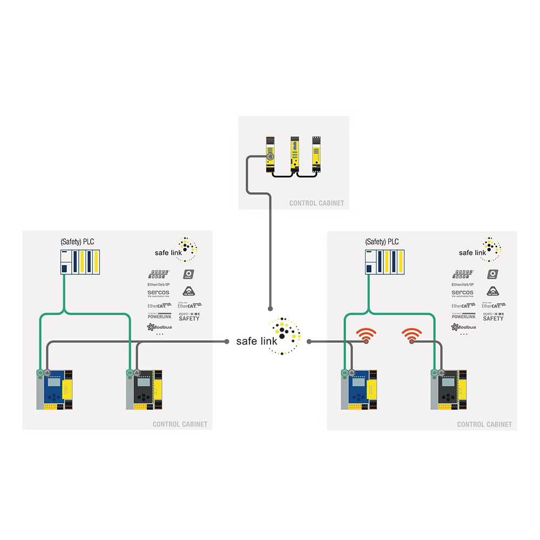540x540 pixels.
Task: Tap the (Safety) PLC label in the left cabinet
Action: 77,241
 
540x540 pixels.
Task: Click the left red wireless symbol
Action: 368,336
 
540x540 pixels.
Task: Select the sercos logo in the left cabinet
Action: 158,293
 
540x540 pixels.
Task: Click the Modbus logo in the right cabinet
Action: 463,327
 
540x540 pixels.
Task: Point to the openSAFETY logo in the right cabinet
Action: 492,316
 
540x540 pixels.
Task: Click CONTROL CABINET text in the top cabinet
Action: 316,204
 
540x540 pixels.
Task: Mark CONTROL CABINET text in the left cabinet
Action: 180,424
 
